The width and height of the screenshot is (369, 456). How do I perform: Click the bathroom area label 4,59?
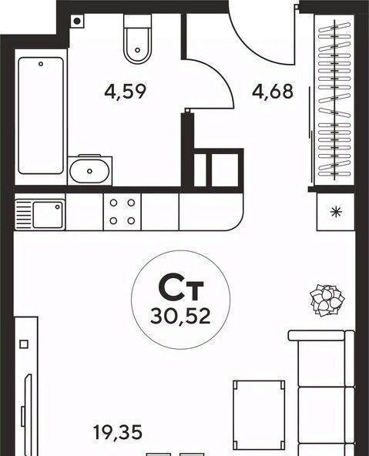125,92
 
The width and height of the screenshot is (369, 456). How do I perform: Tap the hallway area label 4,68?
273,92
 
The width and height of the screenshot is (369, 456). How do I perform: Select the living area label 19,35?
118,432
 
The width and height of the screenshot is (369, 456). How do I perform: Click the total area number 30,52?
180,317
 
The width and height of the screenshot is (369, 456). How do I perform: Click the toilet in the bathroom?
138,39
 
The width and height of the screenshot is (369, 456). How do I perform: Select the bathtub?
41,116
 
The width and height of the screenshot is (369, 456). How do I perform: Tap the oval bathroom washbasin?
90,171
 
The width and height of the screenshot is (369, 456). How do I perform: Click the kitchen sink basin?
48,215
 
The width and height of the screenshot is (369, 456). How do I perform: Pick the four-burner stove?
122,211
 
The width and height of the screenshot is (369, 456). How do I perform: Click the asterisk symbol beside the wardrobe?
336,212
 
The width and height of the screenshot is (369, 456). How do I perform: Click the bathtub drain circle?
41,64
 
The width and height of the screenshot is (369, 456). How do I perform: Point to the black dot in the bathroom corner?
77,21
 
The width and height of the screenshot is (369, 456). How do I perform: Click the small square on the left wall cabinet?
24,344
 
